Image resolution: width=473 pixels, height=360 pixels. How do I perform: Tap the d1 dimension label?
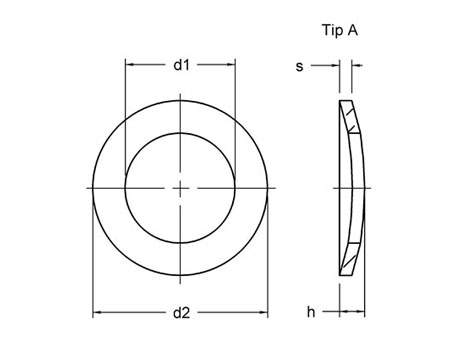(180, 66)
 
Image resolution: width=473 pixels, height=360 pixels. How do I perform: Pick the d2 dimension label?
(180, 313)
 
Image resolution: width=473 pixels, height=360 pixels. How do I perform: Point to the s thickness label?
(299, 66)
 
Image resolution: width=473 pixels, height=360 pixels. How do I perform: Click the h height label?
(311, 313)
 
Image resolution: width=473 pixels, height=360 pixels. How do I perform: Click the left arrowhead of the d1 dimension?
(129, 66)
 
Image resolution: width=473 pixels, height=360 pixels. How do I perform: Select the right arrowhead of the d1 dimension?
(231, 66)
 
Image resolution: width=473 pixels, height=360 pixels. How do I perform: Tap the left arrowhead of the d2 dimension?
(98, 313)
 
